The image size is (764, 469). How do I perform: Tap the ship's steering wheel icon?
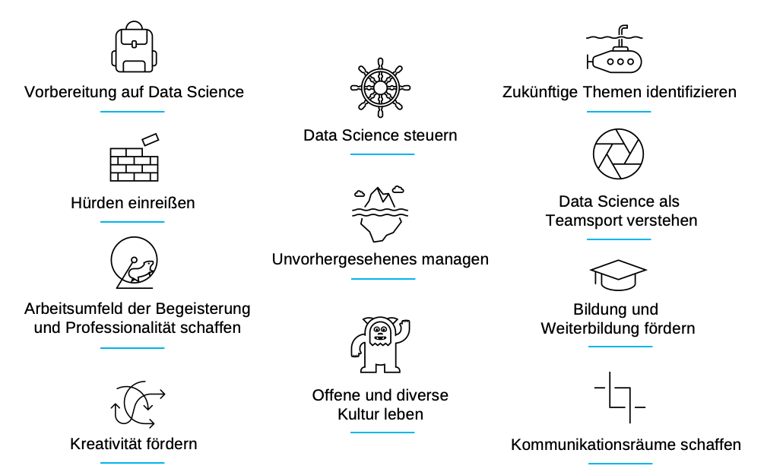click(x=380, y=87)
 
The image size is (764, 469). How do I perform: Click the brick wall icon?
click(x=134, y=160)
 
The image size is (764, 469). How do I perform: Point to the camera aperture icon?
click(x=617, y=154)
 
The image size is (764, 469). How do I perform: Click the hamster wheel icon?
click(x=133, y=264)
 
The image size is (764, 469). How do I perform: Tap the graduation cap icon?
click(x=617, y=275)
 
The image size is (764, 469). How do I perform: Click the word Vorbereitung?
click(x=70, y=93)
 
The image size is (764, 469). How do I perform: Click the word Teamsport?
click(x=584, y=221)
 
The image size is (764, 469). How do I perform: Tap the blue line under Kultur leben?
click(x=382, y=433)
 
